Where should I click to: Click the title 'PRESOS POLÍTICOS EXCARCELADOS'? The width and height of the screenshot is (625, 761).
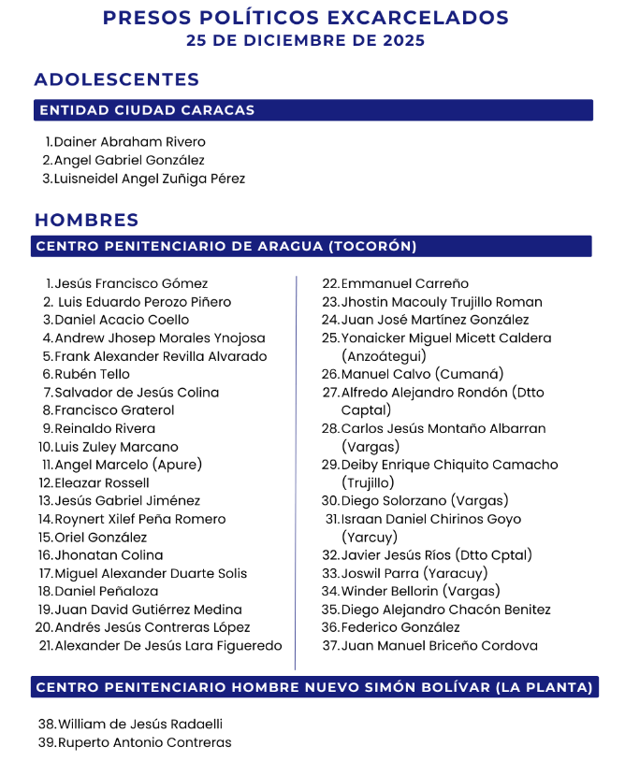click(x=306, y=18)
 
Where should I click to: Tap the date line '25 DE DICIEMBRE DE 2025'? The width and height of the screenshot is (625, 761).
click(x=306, y=40)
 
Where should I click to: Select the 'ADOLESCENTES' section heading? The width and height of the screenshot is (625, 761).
click(x=117, y=79)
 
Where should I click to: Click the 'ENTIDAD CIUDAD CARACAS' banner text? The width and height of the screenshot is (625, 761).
click(x=147, y=110)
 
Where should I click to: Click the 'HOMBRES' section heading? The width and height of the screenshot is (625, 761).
click(x=87, y=221)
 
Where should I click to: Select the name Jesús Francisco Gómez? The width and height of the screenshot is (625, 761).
click(x=131, y=283)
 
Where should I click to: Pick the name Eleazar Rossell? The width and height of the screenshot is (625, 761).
click(x=102, y=483)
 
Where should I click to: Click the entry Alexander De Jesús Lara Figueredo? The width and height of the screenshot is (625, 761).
click(x=168, y=646)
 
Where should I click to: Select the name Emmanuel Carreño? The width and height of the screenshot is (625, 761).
click(x=404, y=283)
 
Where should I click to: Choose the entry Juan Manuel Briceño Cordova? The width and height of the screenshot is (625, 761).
click(x=439, y=646)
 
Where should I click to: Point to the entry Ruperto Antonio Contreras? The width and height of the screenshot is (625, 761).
click(x=145, y=743)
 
